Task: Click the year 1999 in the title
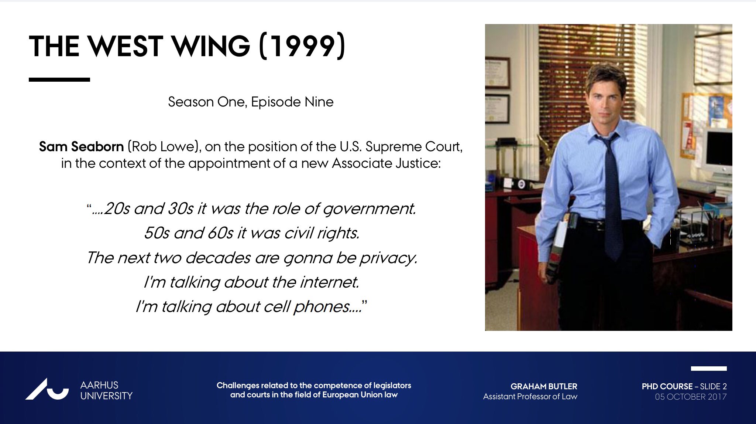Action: [x=303, y=46]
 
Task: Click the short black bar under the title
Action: [x=59, y=79]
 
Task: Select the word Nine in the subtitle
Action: [x=319, y=102]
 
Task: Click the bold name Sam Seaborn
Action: [x=81, y=147]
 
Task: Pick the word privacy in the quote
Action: [x=389, y=258]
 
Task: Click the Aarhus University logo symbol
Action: [x=47, y=389]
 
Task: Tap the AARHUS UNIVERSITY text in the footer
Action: [x=106, y=390]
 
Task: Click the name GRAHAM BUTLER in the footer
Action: [x=544, y=386]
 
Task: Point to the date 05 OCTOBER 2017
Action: [x=691, y=397]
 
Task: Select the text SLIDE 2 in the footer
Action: [x=714, y=386]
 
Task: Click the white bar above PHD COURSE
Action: [x=709, y=369]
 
